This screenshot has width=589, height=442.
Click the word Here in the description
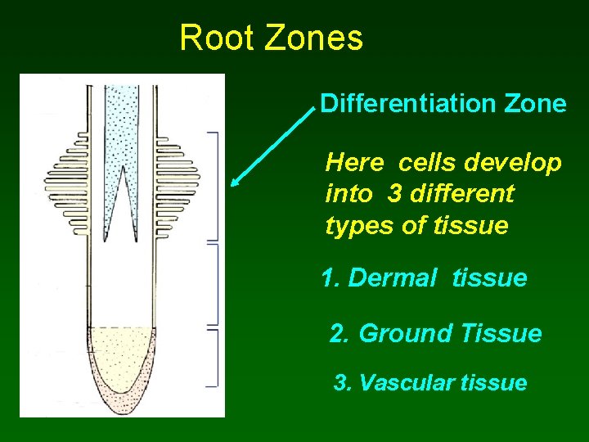click(x=354, y=163)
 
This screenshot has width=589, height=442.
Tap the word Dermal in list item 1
click(x=393, y=278)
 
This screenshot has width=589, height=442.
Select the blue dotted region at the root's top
click(x=122, y=123)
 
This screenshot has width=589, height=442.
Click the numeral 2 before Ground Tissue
click(x=337, y=334)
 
